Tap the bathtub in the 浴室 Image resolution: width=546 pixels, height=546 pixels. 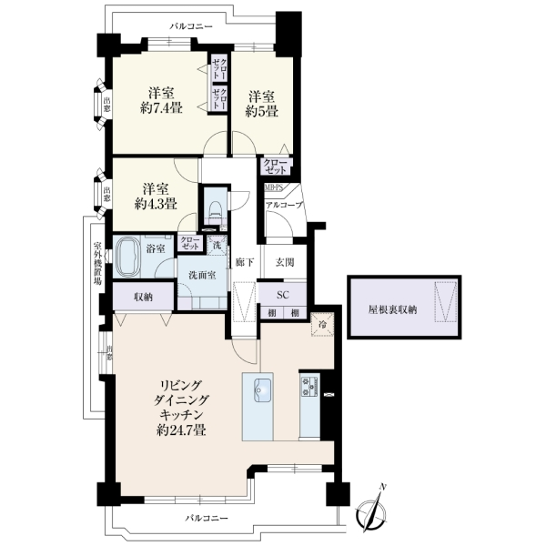point(126,257)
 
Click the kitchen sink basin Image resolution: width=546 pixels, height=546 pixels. point(263,389)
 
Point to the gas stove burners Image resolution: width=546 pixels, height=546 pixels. point(309,386)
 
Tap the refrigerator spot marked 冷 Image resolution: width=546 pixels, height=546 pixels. point(323,325)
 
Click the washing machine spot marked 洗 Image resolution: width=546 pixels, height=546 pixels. point(217,245)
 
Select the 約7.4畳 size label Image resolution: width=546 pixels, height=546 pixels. point(161,108)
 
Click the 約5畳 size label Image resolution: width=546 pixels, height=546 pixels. point(261,111)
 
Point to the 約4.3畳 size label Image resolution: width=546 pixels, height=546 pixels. point(156,203)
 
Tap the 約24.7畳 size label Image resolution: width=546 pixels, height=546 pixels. point(181,430)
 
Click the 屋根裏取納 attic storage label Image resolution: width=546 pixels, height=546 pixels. point(392,310)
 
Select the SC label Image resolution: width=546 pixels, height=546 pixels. point(283,295)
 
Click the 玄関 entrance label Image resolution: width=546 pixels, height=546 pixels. point(285,262)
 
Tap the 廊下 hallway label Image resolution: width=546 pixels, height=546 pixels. point(245,262)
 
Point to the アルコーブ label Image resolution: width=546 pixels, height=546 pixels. point(284,205)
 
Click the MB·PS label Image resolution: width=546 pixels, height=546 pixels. point(274,187)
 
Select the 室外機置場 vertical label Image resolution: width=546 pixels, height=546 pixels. point(97,264)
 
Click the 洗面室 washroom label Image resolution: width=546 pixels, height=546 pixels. point(202,275)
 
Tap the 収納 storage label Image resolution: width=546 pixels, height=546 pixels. point(143,297)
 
